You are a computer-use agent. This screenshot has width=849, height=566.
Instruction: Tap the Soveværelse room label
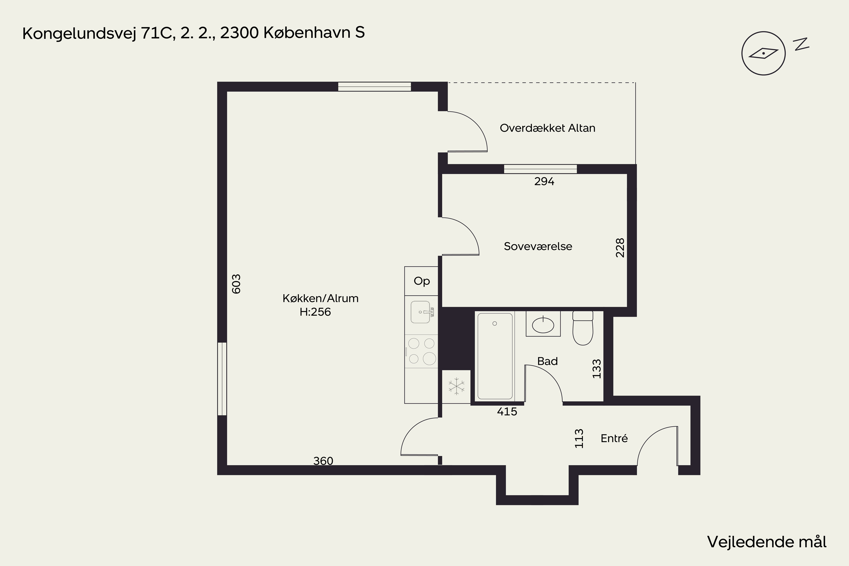coord(538,246)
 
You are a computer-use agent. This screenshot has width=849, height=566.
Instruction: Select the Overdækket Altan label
coord(547,128)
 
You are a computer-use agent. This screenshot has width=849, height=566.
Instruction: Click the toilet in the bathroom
coord(583,328)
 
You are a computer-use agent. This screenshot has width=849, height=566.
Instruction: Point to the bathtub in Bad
coord(495,356)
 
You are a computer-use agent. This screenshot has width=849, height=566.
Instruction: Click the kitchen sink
coord(422,312)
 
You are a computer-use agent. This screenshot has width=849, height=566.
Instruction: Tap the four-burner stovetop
coord(421,351)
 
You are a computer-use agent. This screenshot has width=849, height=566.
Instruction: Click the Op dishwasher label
coord(422,281)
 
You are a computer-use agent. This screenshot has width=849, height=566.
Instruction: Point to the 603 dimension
coord(236,284)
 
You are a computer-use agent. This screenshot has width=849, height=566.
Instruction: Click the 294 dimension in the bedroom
coord(544,181)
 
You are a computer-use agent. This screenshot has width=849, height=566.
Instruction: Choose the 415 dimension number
coord(507,411)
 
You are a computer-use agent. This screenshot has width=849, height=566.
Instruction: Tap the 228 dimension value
coord(620,248)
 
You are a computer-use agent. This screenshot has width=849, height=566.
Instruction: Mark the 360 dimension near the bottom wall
coord(323,461)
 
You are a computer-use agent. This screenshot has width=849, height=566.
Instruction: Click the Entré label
coord(614,438)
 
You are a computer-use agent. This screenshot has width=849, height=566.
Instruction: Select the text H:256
coord(315,312)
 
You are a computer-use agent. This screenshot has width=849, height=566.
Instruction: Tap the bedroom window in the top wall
coord(540,169)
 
